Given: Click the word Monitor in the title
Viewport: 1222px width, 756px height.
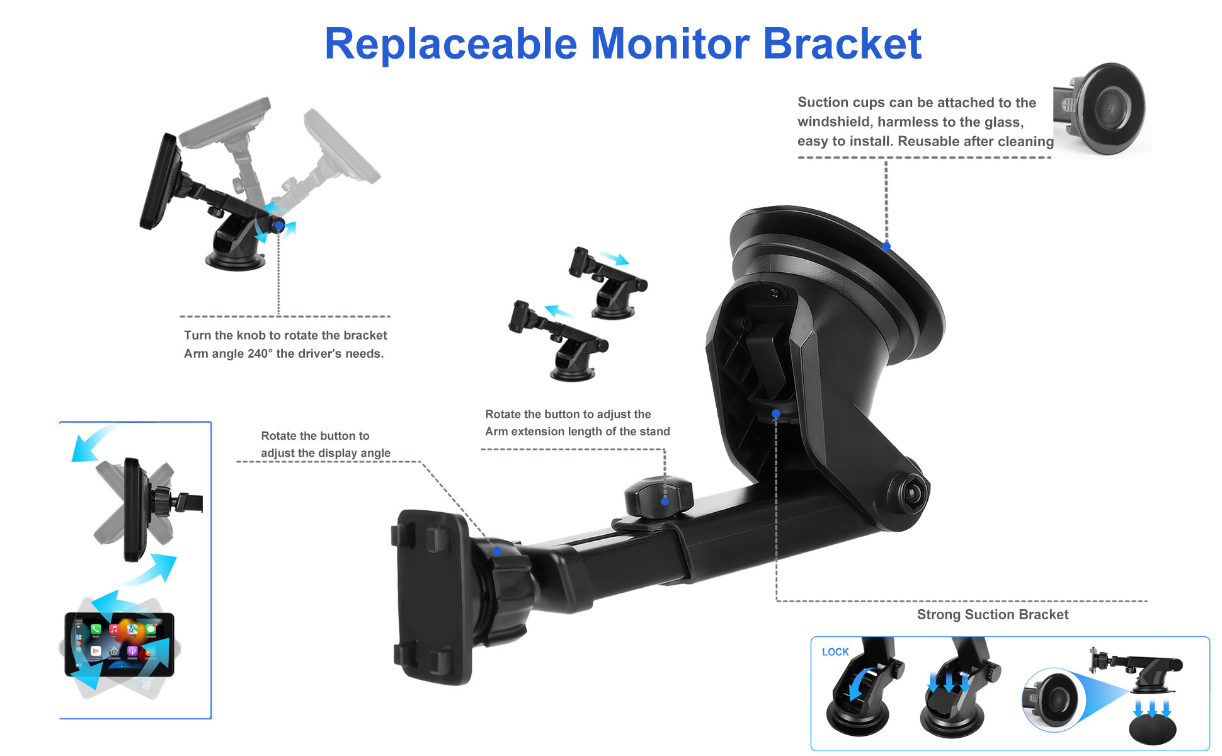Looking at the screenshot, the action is click(670, 43).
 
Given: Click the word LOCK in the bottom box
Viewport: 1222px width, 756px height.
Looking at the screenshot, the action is click(835, 652).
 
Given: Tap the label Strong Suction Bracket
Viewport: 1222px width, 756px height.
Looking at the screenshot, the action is click(993, 614).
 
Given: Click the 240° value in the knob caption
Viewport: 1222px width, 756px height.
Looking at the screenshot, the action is click(260, 353).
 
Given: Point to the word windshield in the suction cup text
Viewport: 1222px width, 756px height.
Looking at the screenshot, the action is click(833, 122).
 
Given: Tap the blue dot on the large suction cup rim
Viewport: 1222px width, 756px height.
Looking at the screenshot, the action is click(886, 246).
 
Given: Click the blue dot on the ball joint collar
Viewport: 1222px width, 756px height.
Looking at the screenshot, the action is click(497, 551).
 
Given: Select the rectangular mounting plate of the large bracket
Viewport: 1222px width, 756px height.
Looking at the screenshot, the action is click(431, 597).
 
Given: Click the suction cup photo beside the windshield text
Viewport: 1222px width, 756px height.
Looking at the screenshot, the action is click(1101, 108).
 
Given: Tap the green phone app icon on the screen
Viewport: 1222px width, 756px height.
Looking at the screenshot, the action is click(96, 629).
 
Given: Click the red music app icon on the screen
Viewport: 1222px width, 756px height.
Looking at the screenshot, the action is click(114, 629).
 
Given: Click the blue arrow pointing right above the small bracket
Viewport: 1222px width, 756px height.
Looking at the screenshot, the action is click(614, 258).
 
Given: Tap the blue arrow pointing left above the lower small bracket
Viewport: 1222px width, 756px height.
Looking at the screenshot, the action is click(559, 311).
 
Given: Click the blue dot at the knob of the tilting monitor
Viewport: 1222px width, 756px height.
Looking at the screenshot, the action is click(278, 225).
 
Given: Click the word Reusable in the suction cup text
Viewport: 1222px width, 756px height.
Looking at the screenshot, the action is click(928, 141).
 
